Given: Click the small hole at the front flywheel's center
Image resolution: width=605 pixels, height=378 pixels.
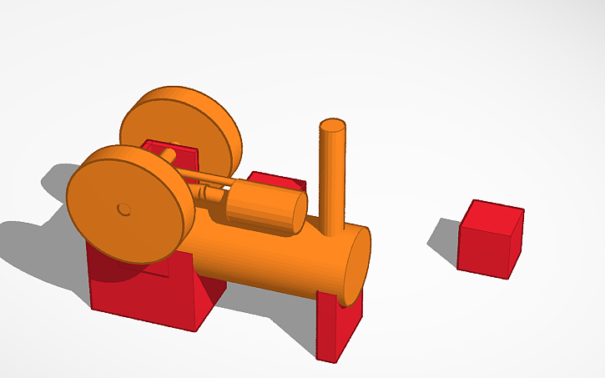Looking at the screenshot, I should point(124,208).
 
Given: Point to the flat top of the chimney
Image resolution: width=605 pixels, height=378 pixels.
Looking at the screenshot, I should point(332,127).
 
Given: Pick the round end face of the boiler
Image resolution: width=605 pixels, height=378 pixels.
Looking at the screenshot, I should point(357,264).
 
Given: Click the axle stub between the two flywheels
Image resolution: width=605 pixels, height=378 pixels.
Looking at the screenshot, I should point(167,154).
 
